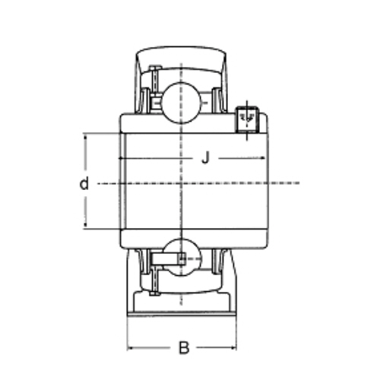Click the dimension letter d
tap(84, 183)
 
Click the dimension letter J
tap(206, 157)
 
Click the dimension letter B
tap(184, 347)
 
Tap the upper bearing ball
tap(181, 103)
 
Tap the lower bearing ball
tap(182, 258)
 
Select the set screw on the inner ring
tap(247, 120)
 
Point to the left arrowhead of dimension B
tap(130, 348)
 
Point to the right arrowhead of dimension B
tap(233, 347)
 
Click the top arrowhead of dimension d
tap(86, 137)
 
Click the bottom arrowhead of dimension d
tap(86, 224)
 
